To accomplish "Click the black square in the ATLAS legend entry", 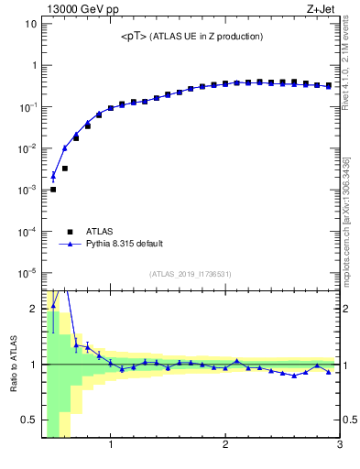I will pos(70,232).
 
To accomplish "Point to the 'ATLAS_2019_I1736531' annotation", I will pos(191,274).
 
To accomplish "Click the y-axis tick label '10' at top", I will pos(30,24).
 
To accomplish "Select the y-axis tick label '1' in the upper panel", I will pos(33,65).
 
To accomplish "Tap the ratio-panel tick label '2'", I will pos(33,309).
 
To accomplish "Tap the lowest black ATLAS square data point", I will pos(53,190).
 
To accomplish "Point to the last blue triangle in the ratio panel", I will pos(329,372).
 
